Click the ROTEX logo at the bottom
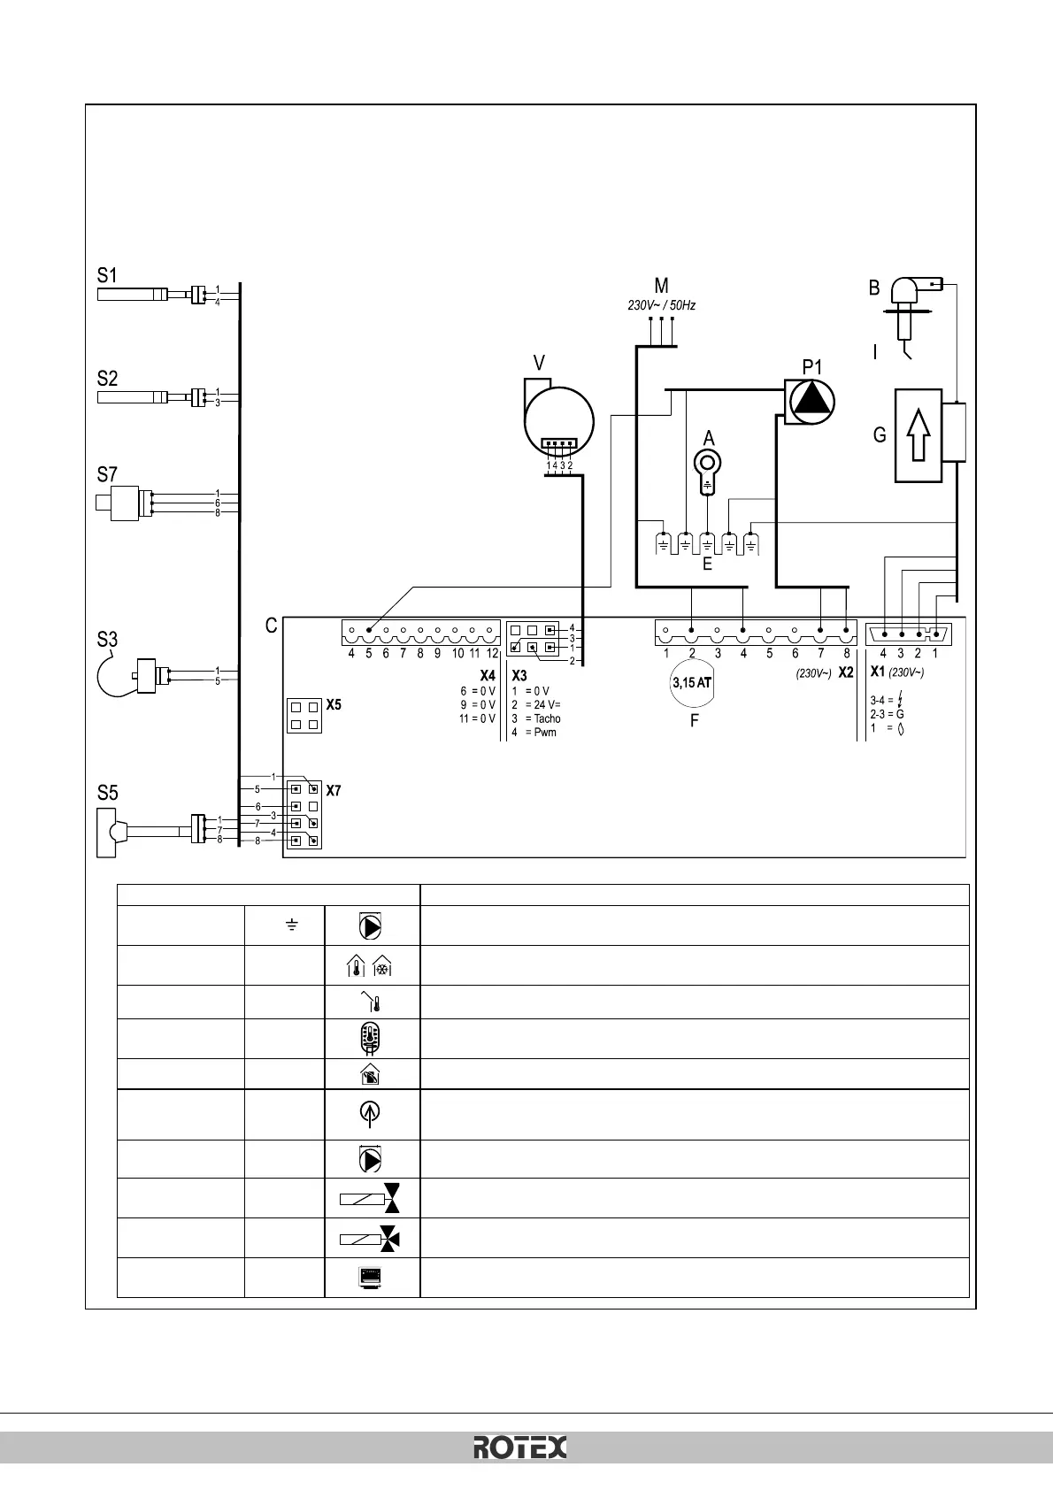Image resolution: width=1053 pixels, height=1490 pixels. (520, 1447)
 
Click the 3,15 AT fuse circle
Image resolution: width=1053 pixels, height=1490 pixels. (691, 683)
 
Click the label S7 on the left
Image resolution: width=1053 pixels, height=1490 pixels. (107, 475)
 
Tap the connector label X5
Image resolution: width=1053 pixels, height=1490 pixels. (334, 706)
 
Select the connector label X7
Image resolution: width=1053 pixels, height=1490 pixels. (334, 790)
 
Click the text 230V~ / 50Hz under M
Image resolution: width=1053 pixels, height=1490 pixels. (661, 305)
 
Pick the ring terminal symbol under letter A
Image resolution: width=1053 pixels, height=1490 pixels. (707, 464)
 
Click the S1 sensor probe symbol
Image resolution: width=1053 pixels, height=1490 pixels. (132, 294)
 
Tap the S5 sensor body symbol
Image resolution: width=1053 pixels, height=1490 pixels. (110, 831)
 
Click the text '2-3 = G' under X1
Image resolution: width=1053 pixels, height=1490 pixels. (887, 713)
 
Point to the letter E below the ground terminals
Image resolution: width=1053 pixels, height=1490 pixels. (707, 564)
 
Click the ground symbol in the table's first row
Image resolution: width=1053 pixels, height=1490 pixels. (291, 925)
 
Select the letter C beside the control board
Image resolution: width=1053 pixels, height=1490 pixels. (272, 626)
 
